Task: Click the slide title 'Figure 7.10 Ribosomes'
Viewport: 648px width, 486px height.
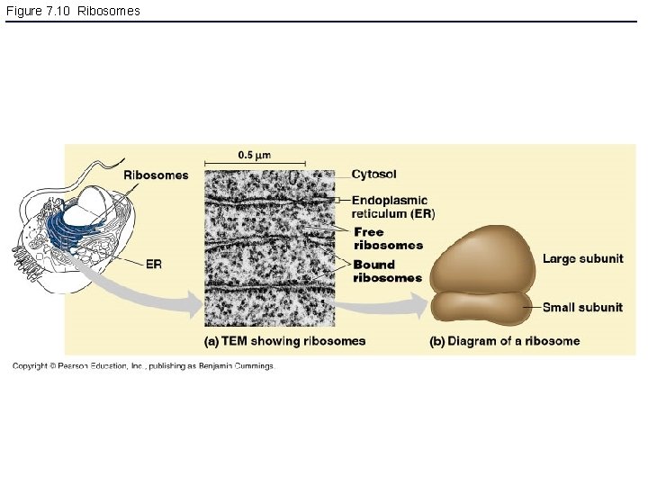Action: coord(73,11)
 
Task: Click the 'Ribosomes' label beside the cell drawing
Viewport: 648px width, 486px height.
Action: coord(156,175)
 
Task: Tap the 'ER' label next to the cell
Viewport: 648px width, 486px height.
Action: coord(154,264)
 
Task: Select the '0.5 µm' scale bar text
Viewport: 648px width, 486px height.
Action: coord(255,154)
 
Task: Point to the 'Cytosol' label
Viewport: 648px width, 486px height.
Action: coord(373,174)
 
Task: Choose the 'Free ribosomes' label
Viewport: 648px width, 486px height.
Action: coord(388,238)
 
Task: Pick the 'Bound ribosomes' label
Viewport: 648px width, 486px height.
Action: coord(387,271)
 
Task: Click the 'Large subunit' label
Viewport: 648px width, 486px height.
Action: coord(582,259)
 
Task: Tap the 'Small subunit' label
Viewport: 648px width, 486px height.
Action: coord(582,307)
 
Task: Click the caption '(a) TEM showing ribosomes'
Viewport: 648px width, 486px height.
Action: coord(285,340)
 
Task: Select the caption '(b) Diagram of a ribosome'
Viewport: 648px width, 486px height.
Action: coord(504,340)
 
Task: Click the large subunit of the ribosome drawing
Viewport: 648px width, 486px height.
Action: coord(481,256)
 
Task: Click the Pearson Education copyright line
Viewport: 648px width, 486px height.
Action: coord(142,366)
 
